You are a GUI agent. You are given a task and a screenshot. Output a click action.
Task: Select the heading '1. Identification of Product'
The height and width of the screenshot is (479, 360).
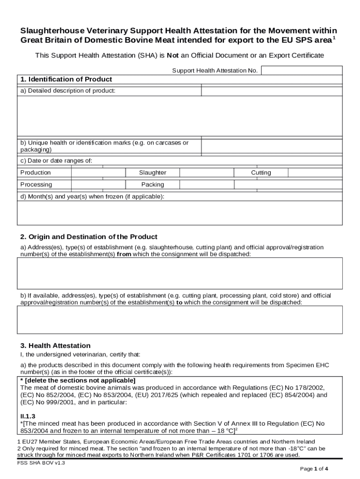click(x=66, y=80)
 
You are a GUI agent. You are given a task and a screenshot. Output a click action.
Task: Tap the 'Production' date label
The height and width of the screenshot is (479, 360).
click(x=36, y=173)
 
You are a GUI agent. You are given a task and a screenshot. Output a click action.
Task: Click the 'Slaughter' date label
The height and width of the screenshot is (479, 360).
click(x=152, y=173)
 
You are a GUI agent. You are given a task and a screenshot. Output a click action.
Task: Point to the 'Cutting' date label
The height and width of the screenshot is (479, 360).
click(x=261, y=173)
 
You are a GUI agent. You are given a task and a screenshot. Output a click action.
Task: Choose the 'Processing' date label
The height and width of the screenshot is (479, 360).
click(x=36, y=185)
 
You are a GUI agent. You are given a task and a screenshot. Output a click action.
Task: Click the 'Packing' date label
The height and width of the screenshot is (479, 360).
click(x=152, y=185)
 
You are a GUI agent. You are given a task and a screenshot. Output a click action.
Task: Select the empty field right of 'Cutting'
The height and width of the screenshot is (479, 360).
click(x=315, y=173)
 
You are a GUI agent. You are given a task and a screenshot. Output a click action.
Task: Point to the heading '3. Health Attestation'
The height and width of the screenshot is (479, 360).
click(x=55, y=346)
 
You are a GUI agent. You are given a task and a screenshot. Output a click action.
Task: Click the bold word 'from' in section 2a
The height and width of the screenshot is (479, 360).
click(x=123, y=254)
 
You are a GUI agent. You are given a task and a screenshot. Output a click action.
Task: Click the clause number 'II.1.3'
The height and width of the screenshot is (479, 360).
click(x=28, y=416)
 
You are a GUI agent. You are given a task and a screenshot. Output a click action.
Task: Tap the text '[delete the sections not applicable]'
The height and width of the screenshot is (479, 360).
click(x=80, y=380)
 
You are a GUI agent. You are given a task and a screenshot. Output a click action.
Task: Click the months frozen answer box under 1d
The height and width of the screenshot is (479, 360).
click(x=180, y=213)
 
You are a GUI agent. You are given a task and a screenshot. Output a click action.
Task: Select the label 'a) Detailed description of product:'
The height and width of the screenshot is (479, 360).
click(x=67, y=91)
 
